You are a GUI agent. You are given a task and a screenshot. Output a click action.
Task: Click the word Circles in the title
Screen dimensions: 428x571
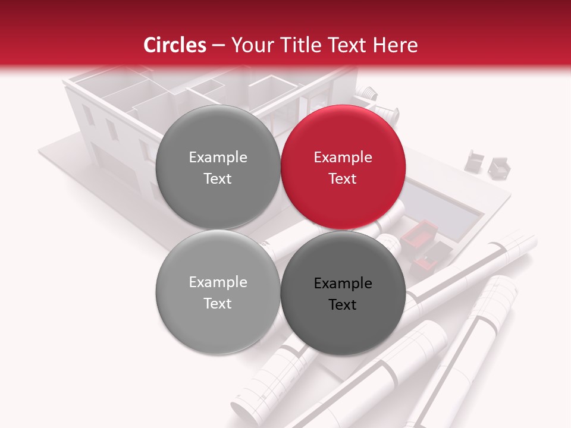point(175,45)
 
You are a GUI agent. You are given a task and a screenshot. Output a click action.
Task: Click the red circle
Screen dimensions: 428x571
point(343,167)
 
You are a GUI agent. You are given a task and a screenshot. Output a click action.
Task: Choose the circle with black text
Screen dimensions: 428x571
point(343,293)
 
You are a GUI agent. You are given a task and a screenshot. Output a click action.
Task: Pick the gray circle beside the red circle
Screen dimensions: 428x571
point(218,167)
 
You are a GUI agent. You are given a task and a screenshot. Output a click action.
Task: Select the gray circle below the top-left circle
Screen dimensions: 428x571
point(218,292)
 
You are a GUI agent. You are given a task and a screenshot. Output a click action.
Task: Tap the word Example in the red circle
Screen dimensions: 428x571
point(343,157)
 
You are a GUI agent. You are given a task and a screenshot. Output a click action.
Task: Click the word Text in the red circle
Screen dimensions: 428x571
point(343,178)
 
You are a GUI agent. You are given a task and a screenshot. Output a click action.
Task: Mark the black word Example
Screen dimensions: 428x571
point(343,283)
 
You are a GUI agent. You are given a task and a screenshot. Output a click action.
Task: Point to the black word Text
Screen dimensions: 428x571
point(343,304)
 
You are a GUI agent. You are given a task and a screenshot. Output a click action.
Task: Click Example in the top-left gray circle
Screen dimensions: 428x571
point(218,157)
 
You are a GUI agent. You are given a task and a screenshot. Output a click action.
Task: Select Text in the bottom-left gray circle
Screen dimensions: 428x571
point(218,303)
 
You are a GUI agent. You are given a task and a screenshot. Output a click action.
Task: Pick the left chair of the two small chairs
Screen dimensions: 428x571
point(476,159)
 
